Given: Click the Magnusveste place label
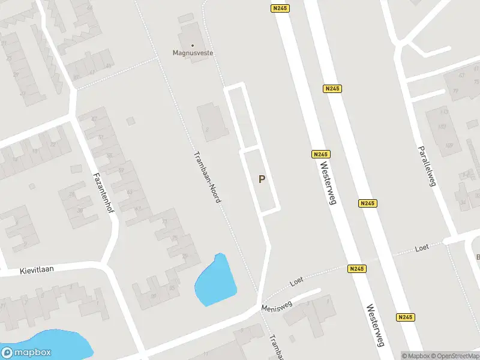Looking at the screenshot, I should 193,53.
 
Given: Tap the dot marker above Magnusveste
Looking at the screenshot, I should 193,45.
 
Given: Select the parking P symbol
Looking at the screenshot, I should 261,179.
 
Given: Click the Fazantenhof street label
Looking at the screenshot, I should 104,197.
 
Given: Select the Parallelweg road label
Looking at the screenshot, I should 426,165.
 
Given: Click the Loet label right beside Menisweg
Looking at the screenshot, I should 297,280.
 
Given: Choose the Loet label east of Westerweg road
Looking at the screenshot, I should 422,248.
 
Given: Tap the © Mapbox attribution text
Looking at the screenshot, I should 416,355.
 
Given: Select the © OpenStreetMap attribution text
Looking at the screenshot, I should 455,355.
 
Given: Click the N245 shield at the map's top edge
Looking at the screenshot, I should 280,8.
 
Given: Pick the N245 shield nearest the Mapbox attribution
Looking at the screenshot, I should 405,317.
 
